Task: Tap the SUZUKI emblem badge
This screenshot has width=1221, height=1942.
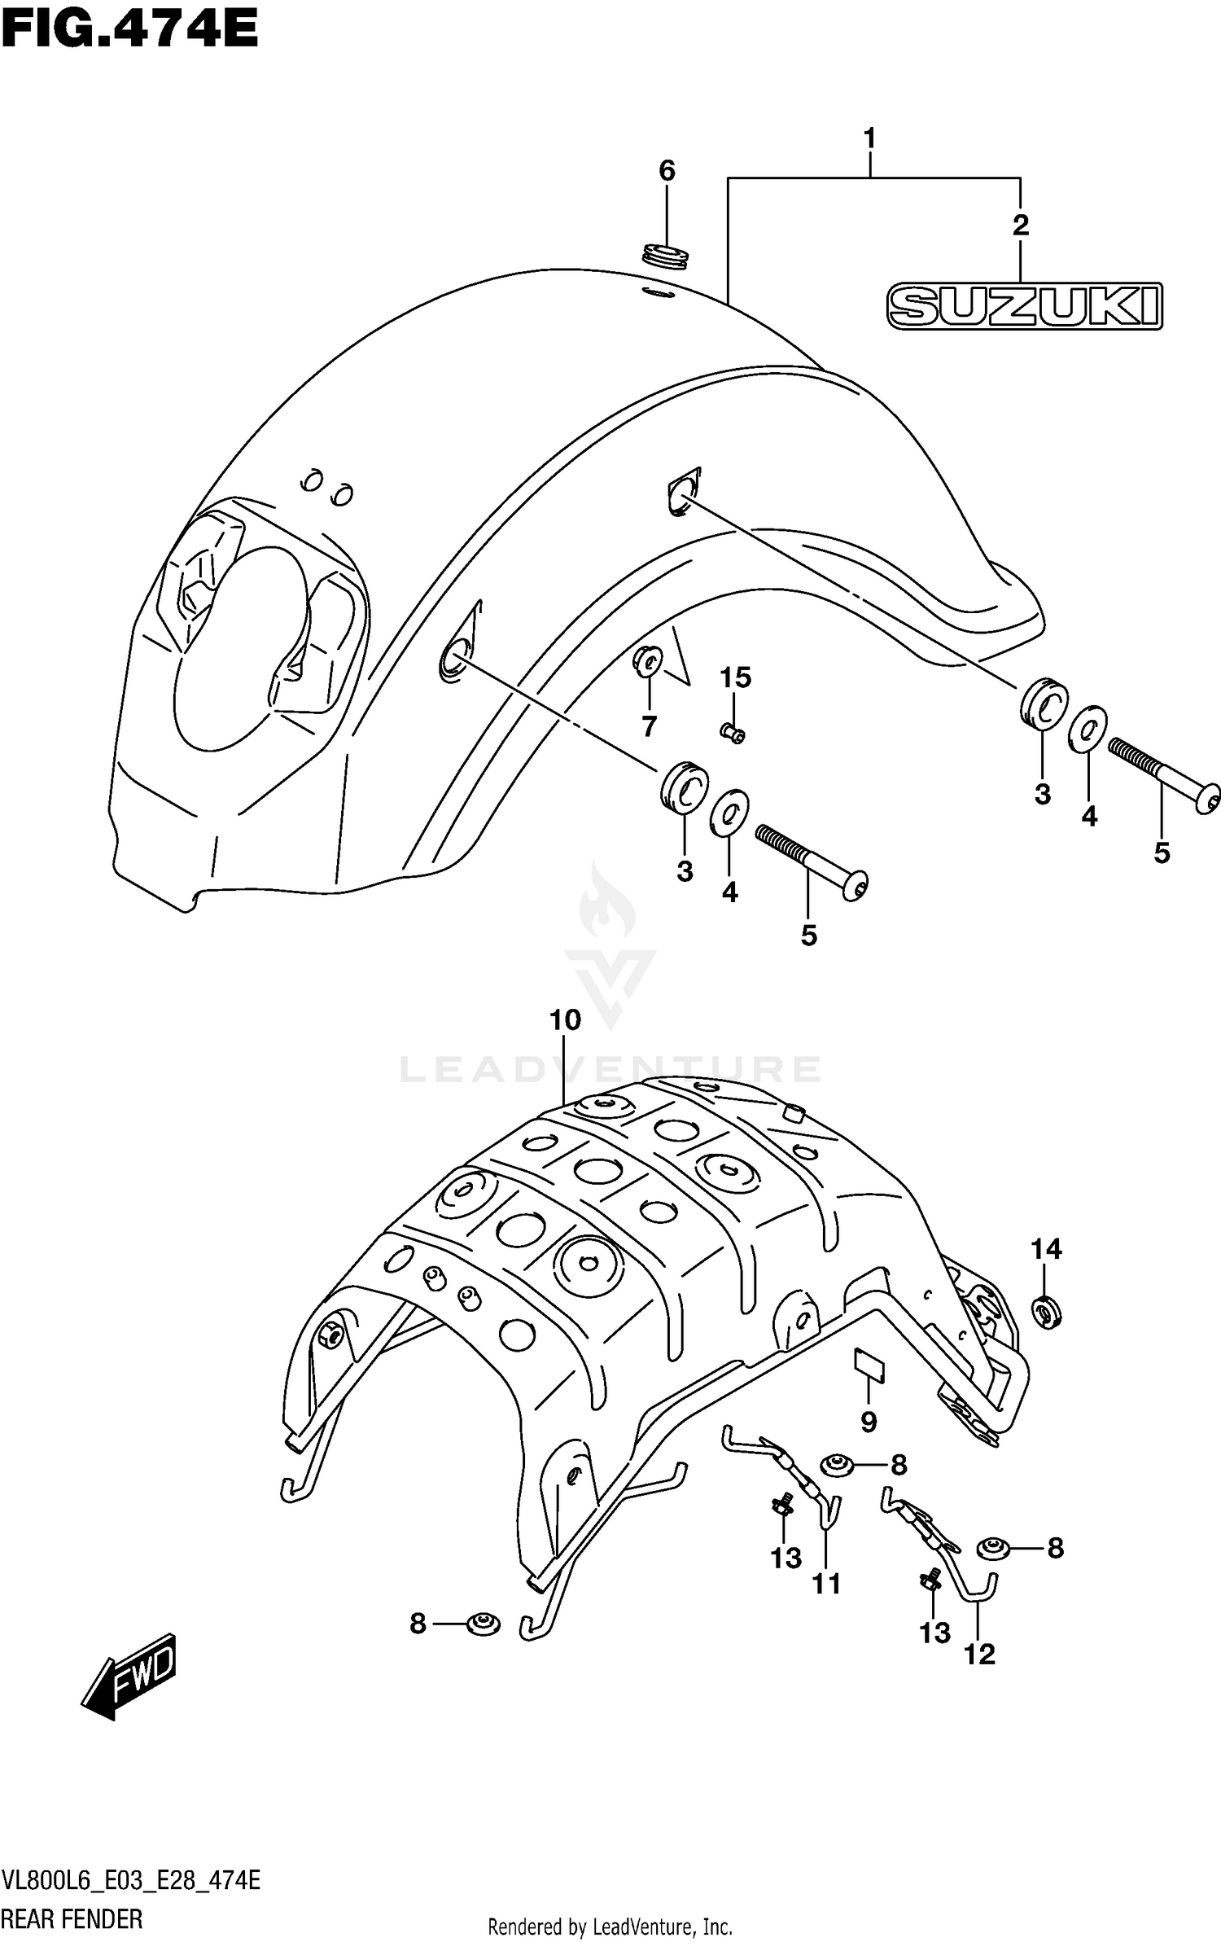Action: click(x=1025, y=307)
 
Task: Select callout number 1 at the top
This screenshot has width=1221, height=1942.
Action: click(x=869, y=139)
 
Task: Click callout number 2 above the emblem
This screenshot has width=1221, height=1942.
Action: click(x=1020, y=226)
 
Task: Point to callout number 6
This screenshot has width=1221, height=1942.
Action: click(x=666, y=171)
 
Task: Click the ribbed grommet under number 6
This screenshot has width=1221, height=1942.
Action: click(x=667, y=254)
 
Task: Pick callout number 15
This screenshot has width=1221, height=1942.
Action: click(x=735, y=677)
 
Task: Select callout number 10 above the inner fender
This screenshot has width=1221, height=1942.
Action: click(x=565, y=1019)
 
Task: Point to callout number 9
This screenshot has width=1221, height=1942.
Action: click(x=869, y=1422)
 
